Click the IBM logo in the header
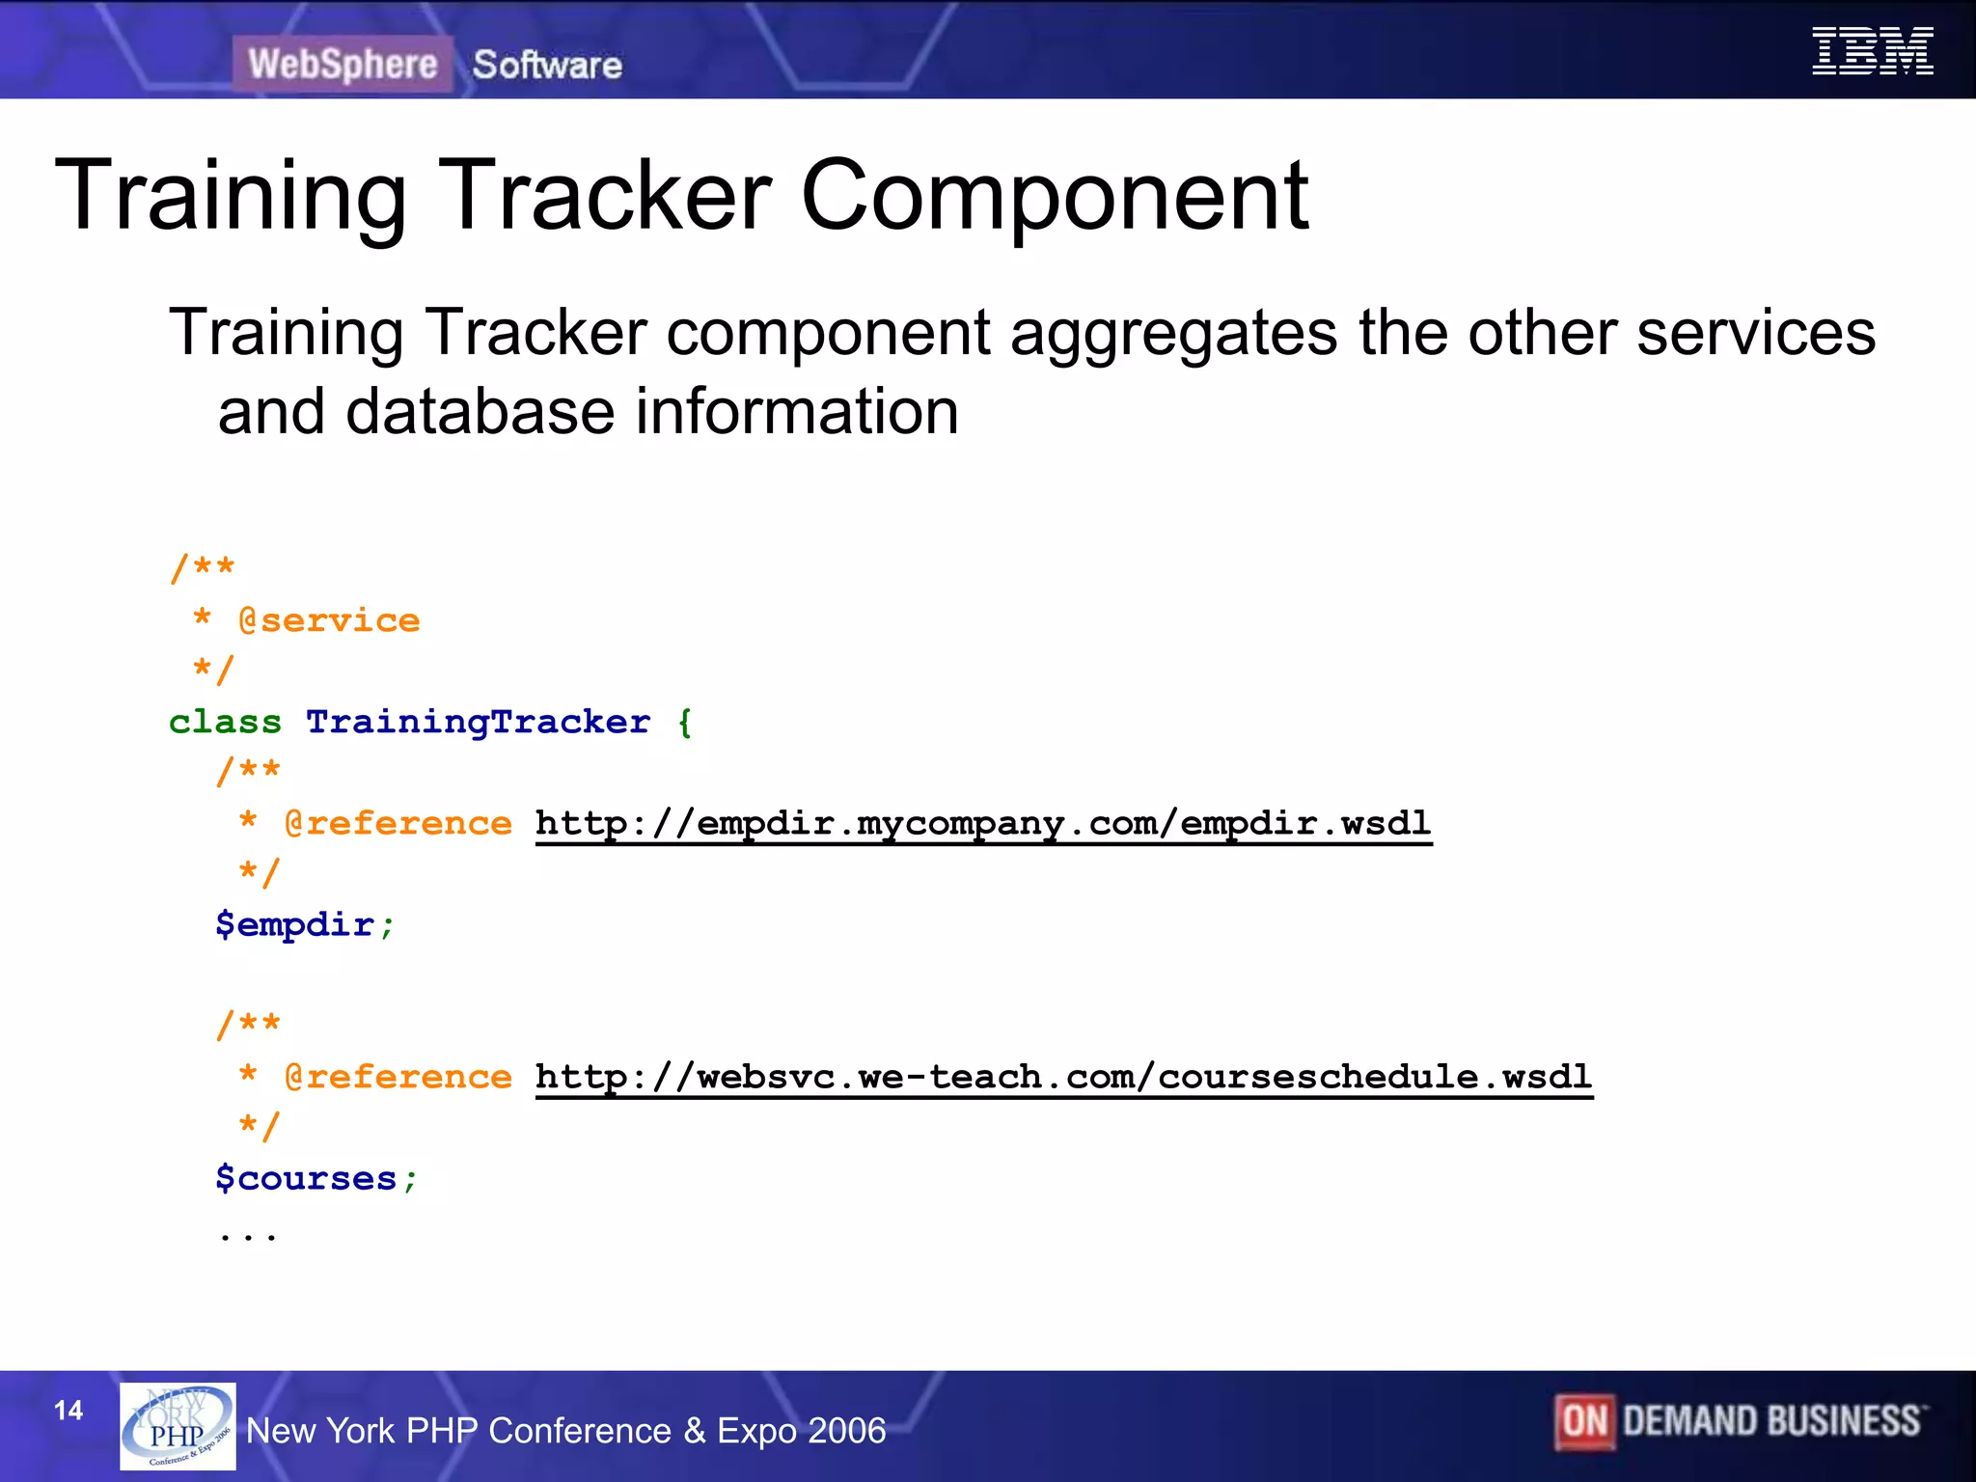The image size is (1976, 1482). pyautogui.click(x=1872, y=51)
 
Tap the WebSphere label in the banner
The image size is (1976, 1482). pyautogui.click(x=343, y=65)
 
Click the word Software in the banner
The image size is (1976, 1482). pyautogui.click(x=547, y=66)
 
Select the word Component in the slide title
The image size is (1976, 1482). pyautogui.click(x=1054, y=197)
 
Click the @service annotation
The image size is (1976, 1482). pyautogui.click(x=329, y=620)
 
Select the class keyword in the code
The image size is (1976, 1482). pyautogui.click(x=225, y=722)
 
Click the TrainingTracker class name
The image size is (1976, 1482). pyautogui.click(x=478, y=722)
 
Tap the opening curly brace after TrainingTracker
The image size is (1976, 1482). pyautogui.click(x=685, y=722)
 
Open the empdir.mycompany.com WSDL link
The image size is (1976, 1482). pyautogui.click(x=982, y=824)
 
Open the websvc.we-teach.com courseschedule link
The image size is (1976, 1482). pyautogui.click(x=1063, y=1077)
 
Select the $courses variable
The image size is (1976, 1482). pyautogui.click(x=307, y=1178)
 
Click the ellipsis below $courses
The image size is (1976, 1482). pyautogui.click(x=248, y=1234)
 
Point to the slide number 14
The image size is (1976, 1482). pyautogui.click(x=69, y=1411)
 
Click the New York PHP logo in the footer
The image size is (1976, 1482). pyautogui.click(x=178, y=1426)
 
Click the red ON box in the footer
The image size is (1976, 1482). pyautogui.click(x=1583, y=1421)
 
